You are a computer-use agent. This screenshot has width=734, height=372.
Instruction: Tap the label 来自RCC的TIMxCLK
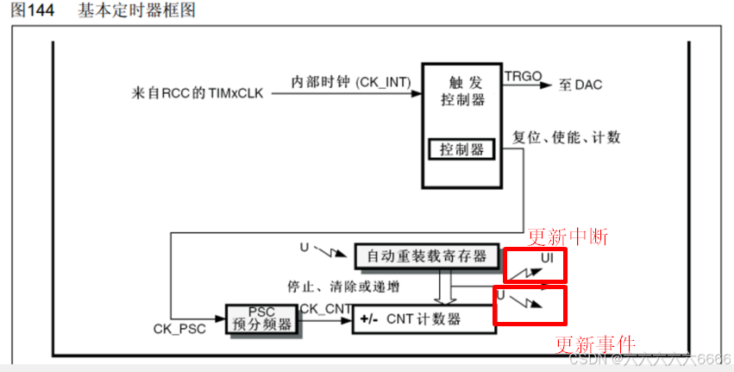tap(198, 91)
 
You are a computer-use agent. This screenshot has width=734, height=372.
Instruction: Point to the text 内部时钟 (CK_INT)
tap(350, 81)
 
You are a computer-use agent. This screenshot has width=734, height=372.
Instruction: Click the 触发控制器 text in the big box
tap(462, 91)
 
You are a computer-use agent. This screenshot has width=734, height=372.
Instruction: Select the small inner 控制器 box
tap(462, 150)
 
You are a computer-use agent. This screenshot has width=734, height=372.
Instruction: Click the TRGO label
tap(523, 76)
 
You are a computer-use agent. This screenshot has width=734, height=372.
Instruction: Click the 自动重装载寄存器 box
tap(426, 255)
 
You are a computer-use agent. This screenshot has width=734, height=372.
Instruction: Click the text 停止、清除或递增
tap(342, 285)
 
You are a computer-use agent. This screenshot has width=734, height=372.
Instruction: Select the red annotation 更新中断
tap(568, 236)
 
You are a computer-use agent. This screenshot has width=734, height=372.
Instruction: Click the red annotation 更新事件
tap(594, 343)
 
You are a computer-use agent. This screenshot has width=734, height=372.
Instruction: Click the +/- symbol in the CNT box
tap(368, 319)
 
